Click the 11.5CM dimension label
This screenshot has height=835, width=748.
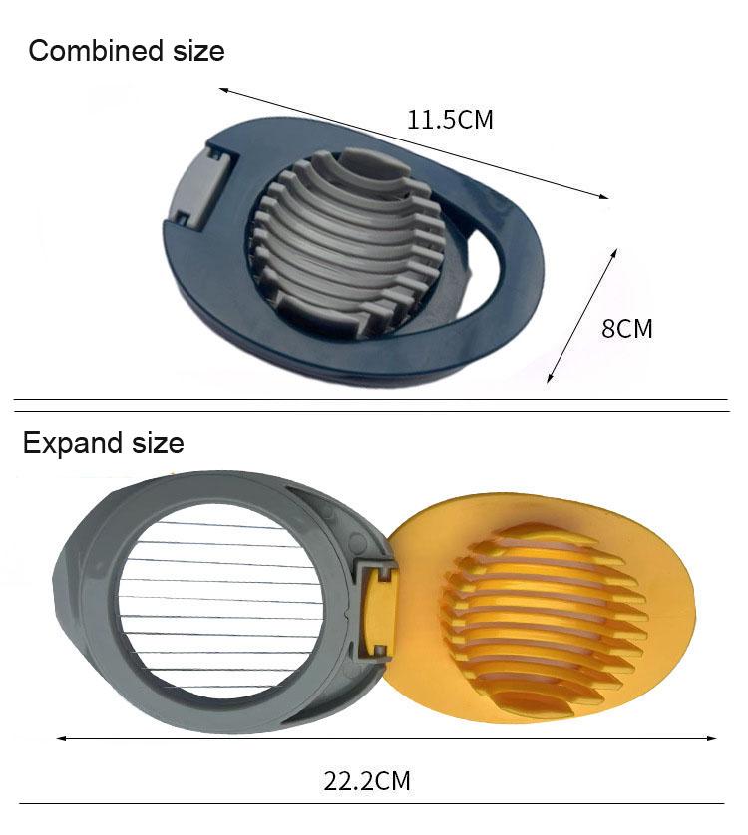coord(450,121)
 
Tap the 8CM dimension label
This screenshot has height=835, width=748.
coord(627,328)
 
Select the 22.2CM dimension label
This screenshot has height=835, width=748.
coord(367,780)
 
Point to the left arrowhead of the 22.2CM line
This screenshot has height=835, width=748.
coord(60,738)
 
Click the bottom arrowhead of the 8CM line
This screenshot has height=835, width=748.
coord(550,380)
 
